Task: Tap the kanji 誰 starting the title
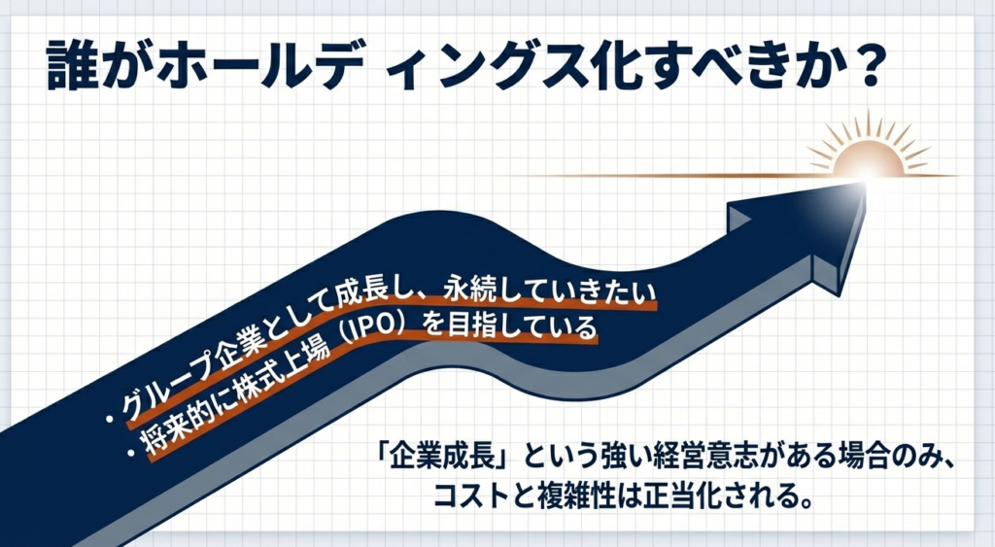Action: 72,66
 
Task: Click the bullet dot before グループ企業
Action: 111,420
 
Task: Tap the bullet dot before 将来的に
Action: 131,453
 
